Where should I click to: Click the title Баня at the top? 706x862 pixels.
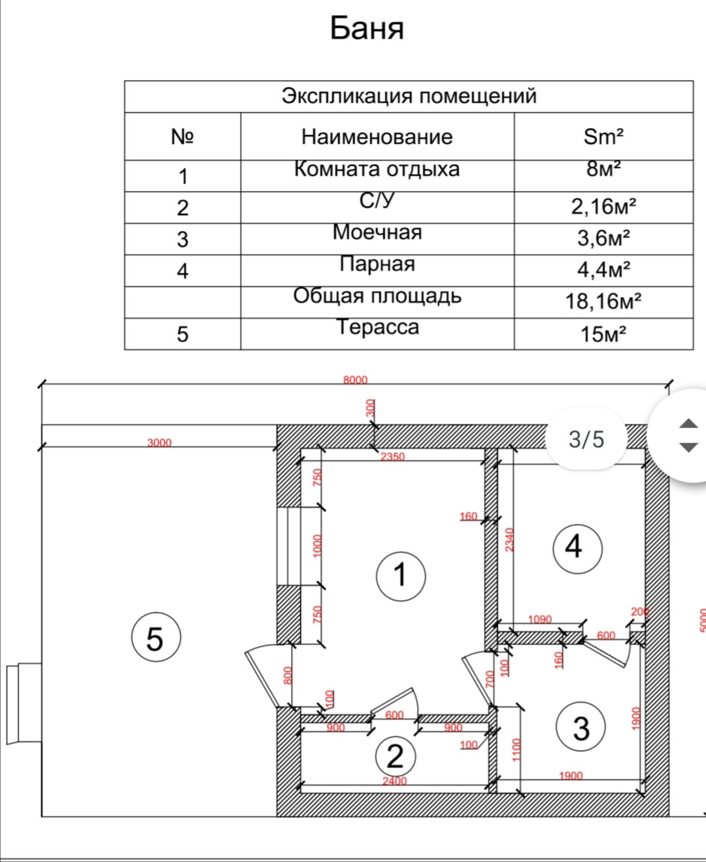point(367,28)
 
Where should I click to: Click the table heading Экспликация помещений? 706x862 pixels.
point(409,96)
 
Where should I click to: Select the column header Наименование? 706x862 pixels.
point(377,137)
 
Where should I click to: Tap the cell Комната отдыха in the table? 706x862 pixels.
point(377,169)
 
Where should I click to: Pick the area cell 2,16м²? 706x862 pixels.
point(603,207)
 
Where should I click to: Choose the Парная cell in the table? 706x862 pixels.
point(377,264)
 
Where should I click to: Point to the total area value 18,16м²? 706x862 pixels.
point(603,301)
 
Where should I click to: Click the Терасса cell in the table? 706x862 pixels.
point(377,326)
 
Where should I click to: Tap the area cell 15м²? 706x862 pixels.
point(603,334)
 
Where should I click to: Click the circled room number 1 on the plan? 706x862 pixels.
point(401,576)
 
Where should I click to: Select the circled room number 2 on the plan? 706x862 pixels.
point(395,757)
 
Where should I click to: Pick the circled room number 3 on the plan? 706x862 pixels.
point(580,727)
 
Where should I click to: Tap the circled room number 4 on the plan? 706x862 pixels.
point(577,547)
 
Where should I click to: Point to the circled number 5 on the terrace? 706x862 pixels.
point(156,638)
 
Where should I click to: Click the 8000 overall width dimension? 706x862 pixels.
point(356,380)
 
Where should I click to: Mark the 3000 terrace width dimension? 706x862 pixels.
point(159,443)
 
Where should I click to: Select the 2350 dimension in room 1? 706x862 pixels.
point(393,457)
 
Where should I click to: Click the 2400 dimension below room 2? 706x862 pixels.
point(394,781)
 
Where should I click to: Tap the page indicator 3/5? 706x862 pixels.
point(586,439)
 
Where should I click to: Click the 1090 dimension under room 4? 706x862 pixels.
point(540,619)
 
